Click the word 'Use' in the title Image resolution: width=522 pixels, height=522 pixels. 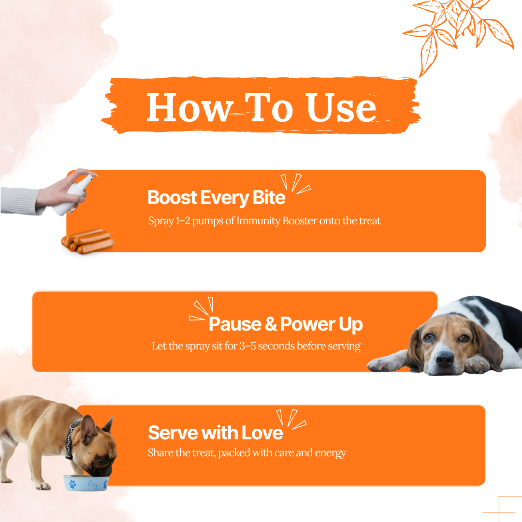pos(341,107)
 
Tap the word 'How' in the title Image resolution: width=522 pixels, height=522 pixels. pos(189,107)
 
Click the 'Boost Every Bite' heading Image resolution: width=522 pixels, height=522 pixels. pos(217,198)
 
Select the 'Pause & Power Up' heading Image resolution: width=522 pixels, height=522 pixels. pos(286,324)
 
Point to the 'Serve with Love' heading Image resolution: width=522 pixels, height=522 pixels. pos(216,433)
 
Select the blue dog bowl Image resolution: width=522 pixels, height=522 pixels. pos(86,483)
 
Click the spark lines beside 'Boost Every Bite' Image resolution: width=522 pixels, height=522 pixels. pos(295,184)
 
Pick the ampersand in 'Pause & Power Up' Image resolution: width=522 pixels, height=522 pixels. pos(271,324)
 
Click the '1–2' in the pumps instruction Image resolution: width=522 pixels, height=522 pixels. pos(183,221)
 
